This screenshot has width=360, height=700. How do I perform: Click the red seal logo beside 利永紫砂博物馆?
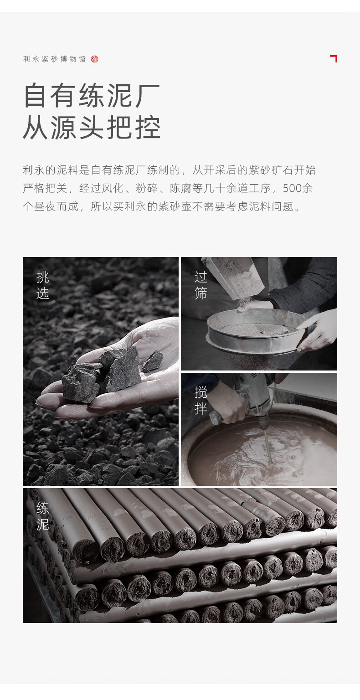point(94,59)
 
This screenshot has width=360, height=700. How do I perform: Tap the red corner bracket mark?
point(334,58)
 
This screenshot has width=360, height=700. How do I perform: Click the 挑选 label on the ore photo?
point(42,285)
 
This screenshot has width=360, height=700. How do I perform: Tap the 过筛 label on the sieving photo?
point(201,285)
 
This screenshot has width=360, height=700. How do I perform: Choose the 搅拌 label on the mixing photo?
point(201,400)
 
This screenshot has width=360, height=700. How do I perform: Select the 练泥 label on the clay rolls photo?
point(42,516)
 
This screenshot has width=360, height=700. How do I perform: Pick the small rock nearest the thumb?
point(153,361)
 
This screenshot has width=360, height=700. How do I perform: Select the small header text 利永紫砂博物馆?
point(54,59)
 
